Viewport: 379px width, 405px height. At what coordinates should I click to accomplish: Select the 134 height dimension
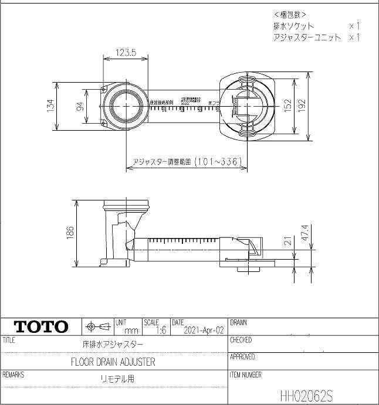pyautogui.click(x=50, y=106)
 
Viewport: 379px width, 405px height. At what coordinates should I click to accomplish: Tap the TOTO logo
pyautogui.click(x=40, y=327)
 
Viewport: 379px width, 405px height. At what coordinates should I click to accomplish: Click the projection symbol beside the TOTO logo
pyautogui.click(x=97, y=326)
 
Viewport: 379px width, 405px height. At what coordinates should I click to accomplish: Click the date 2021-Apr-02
pyautogui.click(x=204, y=330)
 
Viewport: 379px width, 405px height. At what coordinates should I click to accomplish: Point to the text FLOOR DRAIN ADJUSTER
pyautogui.click(x=113, y=362)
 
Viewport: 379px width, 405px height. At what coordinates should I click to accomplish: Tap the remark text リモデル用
pyautogui.click(x=117, y=379)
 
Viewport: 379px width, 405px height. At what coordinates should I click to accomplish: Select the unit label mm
pyautogui.click(x=131, y=331)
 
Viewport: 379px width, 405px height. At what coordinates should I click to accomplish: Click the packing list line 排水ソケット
pyautogui.click(x=294, y=26)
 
